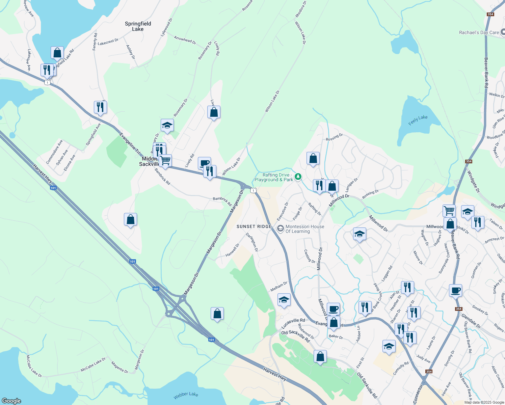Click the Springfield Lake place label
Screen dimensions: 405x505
coord(138,26)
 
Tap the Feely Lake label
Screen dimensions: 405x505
coord(418,120)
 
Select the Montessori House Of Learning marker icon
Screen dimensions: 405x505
coord(280,229)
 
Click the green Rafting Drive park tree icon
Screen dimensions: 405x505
coord(298,177)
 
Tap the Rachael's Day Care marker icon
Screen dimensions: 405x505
coord(502,32)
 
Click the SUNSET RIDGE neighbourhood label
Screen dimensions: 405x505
coord(254,226)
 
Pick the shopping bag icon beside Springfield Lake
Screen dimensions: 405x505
coord(57,53)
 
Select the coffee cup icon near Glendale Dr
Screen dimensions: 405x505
coord(455,290)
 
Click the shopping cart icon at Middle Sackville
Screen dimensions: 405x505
coord(165,161)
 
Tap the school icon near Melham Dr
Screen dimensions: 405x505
coord(284,300)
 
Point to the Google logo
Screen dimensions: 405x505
coord(11,401)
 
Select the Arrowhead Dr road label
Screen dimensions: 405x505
coord(185,40)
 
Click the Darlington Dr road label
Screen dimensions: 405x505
coord(252,242)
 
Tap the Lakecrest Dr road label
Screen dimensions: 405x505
coord(108,42)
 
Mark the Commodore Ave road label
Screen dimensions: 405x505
coord(54,152)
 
